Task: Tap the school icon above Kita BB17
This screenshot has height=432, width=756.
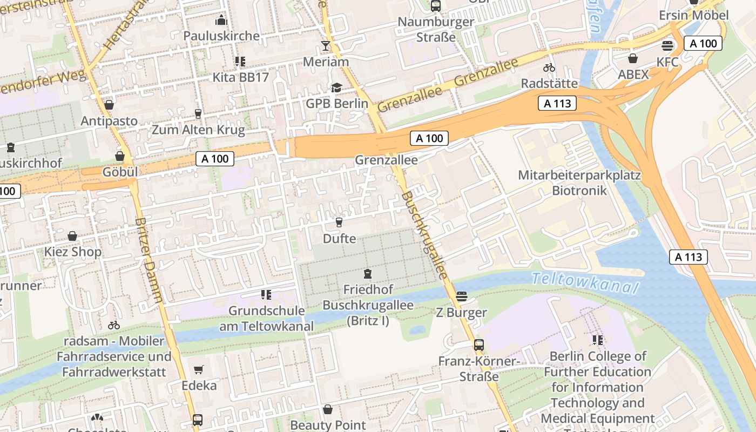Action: [x=240, y=62]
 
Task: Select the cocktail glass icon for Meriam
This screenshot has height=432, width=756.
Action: [x=326, y=46]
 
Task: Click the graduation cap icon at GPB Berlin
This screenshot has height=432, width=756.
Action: [x=336, y=87]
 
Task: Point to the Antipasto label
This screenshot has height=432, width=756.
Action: [x=109, y=120]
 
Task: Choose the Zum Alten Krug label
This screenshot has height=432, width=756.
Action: [x=198, y=130]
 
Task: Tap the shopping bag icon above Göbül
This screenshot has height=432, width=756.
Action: [x=120, y=156]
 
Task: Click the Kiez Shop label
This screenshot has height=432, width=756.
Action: [x=72, y=252]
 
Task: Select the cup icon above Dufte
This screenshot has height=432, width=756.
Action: [x=339, y=222]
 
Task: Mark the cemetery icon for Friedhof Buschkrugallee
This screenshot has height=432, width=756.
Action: [x=368, y=274]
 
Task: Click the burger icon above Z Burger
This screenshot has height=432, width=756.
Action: [x=461, y=296]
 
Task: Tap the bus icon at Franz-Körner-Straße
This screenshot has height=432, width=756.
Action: [x=479, y=345]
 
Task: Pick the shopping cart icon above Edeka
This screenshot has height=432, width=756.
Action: [x=199, y=370]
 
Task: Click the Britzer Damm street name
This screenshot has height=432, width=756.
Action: [x=149, y=259]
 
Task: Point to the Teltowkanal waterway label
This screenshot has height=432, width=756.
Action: [x=584, y=283]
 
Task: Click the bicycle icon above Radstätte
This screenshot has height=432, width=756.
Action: [x=549, y=68]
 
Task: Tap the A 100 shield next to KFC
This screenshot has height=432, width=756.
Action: [x=703, y=44]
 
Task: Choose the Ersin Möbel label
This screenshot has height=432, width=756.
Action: [x=693, y=15]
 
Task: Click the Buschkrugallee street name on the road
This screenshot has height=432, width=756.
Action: [x=425, y=235]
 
